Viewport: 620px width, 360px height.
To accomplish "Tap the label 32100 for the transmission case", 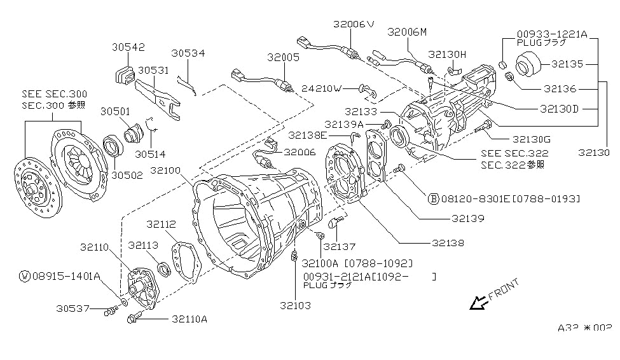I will (165, 170).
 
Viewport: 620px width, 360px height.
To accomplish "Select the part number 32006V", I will (355, 24).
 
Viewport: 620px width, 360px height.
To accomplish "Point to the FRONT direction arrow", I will (478, 304).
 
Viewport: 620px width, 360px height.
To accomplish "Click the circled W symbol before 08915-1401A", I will (25, 276).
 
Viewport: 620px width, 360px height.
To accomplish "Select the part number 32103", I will (295, 305).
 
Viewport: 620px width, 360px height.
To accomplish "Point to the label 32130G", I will (532, 139).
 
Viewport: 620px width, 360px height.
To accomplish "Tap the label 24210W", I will (322, 88).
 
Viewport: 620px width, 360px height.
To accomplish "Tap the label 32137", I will (340, 246).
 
